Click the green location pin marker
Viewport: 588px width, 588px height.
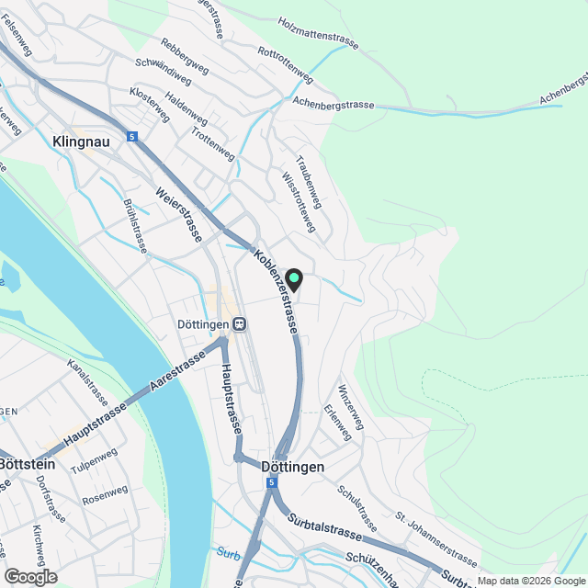[294, 279]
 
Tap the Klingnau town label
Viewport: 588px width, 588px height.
[81, 142]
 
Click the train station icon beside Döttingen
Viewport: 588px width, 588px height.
[239, 323]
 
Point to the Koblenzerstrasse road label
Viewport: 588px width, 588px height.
[276, 291]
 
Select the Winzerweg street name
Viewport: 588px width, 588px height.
[351, 406]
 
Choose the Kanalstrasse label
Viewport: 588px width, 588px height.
[88, 383]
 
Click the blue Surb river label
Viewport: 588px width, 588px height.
[228, 553]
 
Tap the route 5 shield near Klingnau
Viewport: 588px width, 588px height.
[134, 137]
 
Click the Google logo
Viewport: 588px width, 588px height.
[30, 576]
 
